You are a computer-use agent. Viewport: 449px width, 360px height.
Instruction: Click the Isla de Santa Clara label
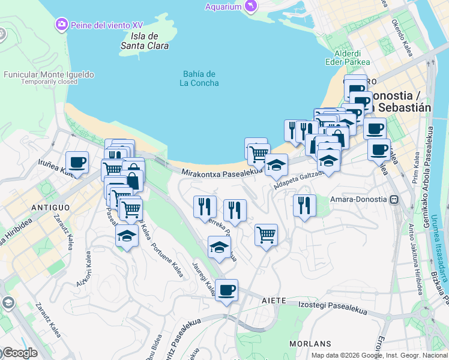point(145,40)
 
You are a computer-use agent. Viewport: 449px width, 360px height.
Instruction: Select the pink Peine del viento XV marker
point(61,25)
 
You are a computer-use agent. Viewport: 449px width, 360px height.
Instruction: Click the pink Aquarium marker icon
point(250,7)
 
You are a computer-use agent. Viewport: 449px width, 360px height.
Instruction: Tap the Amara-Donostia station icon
point(394,199)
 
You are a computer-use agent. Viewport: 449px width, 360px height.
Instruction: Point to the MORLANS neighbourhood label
point(310,344)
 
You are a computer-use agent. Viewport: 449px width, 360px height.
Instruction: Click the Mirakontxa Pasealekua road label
point(222,172)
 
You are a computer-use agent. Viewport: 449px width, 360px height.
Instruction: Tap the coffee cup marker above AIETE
point(226,291)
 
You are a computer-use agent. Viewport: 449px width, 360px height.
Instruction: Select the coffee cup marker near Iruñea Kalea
point(77,163)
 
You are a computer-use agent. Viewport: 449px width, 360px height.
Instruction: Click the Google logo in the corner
point(19,353)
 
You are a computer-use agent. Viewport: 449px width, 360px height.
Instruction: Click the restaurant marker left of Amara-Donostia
point(304,205)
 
